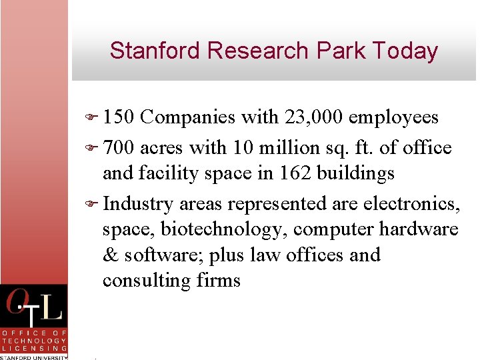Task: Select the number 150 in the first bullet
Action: click(119, 117)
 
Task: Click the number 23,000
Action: click(313, 117)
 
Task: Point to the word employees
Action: click(393, 117)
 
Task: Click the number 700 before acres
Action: click(119, 148)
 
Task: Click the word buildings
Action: click(359, 173)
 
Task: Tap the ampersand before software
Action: click(110, 255)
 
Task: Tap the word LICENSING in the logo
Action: click(34, 348)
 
